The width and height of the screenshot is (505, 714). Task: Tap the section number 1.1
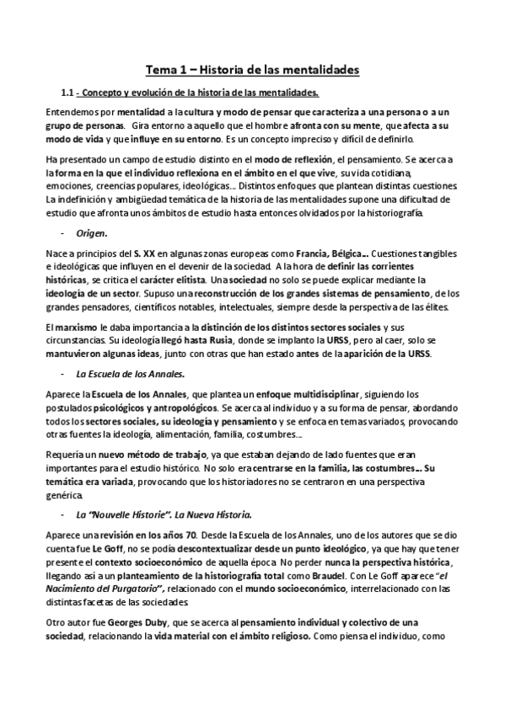point(69,93)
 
